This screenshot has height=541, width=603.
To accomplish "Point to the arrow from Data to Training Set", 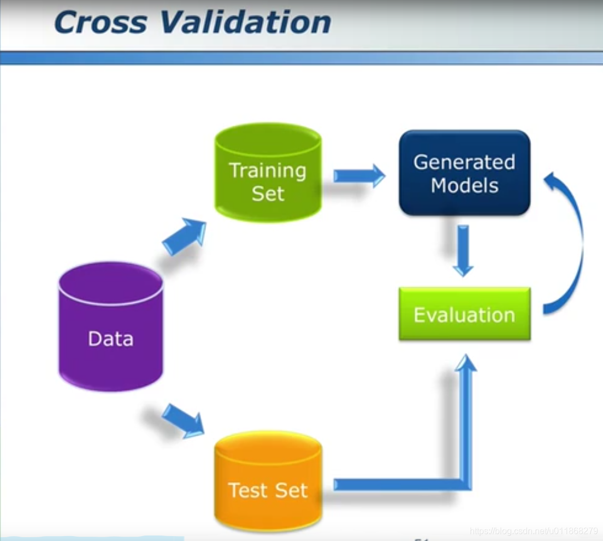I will pos(185,236).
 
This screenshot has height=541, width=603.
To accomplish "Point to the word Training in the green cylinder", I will pos(268,170).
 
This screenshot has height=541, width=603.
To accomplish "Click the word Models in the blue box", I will pos(464,186).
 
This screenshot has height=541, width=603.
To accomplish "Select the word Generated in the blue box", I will pos(464,162).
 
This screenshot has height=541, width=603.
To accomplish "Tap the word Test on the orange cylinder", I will pos(246,490).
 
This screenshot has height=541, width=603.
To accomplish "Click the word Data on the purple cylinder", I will pos(111,339).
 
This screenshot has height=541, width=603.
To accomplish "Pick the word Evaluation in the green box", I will pos(464,315).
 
